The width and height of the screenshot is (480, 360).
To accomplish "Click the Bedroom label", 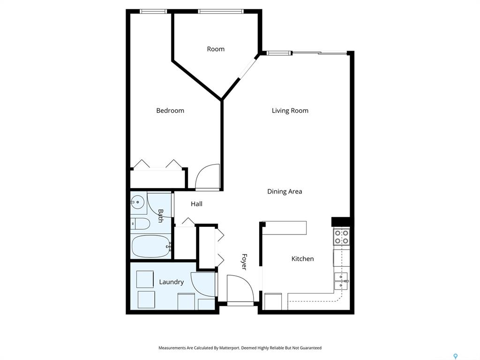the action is click(170, 111).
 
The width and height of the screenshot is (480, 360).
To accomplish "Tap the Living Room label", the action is click(290, 111).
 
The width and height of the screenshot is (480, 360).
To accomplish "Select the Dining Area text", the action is click(285, 192).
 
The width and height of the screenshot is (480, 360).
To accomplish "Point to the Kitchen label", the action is click(302, 259).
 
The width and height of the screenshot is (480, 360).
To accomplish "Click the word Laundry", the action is click(172, 282).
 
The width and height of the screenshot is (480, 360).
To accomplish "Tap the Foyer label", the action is click(244, 262).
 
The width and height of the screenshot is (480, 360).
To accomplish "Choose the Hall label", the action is click(196, 204).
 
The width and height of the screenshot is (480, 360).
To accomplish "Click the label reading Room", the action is click(216, 49).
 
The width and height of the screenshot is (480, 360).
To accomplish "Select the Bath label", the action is click(160, 216).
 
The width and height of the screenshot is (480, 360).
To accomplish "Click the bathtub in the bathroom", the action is click(151, 247).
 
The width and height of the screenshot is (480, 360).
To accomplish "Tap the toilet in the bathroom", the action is click(140, 224).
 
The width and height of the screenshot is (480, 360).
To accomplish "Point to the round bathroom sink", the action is click(138, 202).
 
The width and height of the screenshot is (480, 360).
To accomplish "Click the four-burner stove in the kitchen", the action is click(341, 237).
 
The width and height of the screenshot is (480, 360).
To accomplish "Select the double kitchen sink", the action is click(341, 281).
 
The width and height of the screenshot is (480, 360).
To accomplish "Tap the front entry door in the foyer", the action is click(240, 288).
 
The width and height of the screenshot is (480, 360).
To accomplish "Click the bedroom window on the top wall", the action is click(153, 11).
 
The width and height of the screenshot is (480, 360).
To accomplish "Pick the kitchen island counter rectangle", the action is click(285, 228).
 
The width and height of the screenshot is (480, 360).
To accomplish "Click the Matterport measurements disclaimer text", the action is click(240, 348).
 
